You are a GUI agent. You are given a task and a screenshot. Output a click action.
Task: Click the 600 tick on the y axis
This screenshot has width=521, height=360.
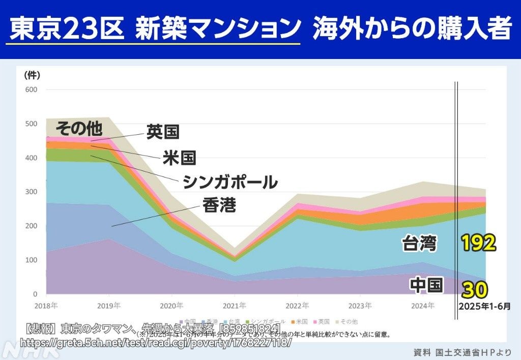31,89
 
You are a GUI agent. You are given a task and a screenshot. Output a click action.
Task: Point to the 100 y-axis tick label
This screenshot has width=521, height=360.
31,260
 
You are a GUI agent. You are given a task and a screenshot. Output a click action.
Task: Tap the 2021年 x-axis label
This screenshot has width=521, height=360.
234,306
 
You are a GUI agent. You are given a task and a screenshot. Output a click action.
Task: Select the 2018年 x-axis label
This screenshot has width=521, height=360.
46,306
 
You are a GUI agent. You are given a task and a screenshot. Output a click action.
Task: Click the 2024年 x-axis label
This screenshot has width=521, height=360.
423,306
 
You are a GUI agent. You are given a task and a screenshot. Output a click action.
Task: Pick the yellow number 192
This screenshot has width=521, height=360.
478,244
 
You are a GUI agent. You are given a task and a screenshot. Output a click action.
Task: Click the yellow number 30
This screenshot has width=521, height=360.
475,289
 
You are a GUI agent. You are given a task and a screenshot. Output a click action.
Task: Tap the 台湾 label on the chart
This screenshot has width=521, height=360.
419,244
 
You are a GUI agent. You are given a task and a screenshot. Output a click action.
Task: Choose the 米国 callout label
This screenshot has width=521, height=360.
179,157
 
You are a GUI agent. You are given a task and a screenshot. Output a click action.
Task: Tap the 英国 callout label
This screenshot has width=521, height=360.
163,132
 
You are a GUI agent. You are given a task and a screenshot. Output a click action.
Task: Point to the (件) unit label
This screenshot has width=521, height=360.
32,75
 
